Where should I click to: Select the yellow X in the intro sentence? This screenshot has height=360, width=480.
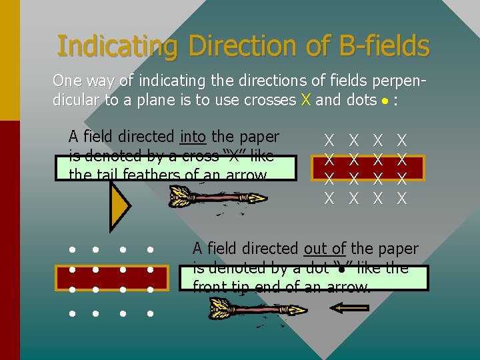pos(305,100)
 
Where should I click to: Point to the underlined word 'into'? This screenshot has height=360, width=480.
pos(193,137)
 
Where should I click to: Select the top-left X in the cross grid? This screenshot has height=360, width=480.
pos(329,140)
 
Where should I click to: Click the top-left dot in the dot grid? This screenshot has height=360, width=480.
pos(71,250)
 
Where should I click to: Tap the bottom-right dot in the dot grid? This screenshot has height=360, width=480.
pos(151,313)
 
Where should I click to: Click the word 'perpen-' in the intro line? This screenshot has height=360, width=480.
pos(397,81)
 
